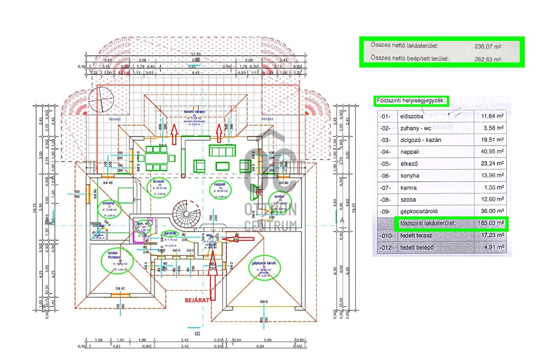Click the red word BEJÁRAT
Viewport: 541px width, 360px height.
(x=197, y=300)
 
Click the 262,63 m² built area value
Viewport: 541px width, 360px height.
(x=487, y=59)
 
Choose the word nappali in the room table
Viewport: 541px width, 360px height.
(x=410, y=151)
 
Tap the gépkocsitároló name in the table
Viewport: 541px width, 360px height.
(x=420, y=211)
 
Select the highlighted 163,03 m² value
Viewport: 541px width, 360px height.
(x=489, y=223)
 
